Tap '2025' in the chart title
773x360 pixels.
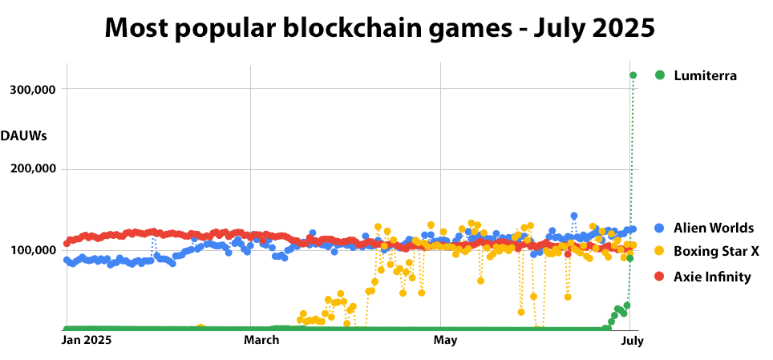[x=617, y=28]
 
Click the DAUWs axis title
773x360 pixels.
[x=24, y=135]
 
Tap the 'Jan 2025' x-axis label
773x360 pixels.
[x=87, y=340]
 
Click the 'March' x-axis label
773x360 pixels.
[x=261, y=340]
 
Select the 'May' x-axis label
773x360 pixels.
[x=445, y=340]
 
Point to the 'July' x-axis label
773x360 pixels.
[x=632, y=340]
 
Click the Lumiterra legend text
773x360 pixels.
[x=705, y=75]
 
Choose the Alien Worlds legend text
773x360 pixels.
[x=714, y=229]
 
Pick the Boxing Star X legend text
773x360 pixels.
[x=716, y=252]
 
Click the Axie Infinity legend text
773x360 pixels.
[x=712, y=277]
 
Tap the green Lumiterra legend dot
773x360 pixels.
[x=660, y=75]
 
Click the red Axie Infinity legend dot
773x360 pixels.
[x=660, y=277]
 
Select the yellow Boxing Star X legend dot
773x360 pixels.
[x=660, y=252]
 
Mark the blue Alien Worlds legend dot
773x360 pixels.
[x=660, y=229]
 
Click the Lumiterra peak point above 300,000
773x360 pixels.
[x=633, y=75]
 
